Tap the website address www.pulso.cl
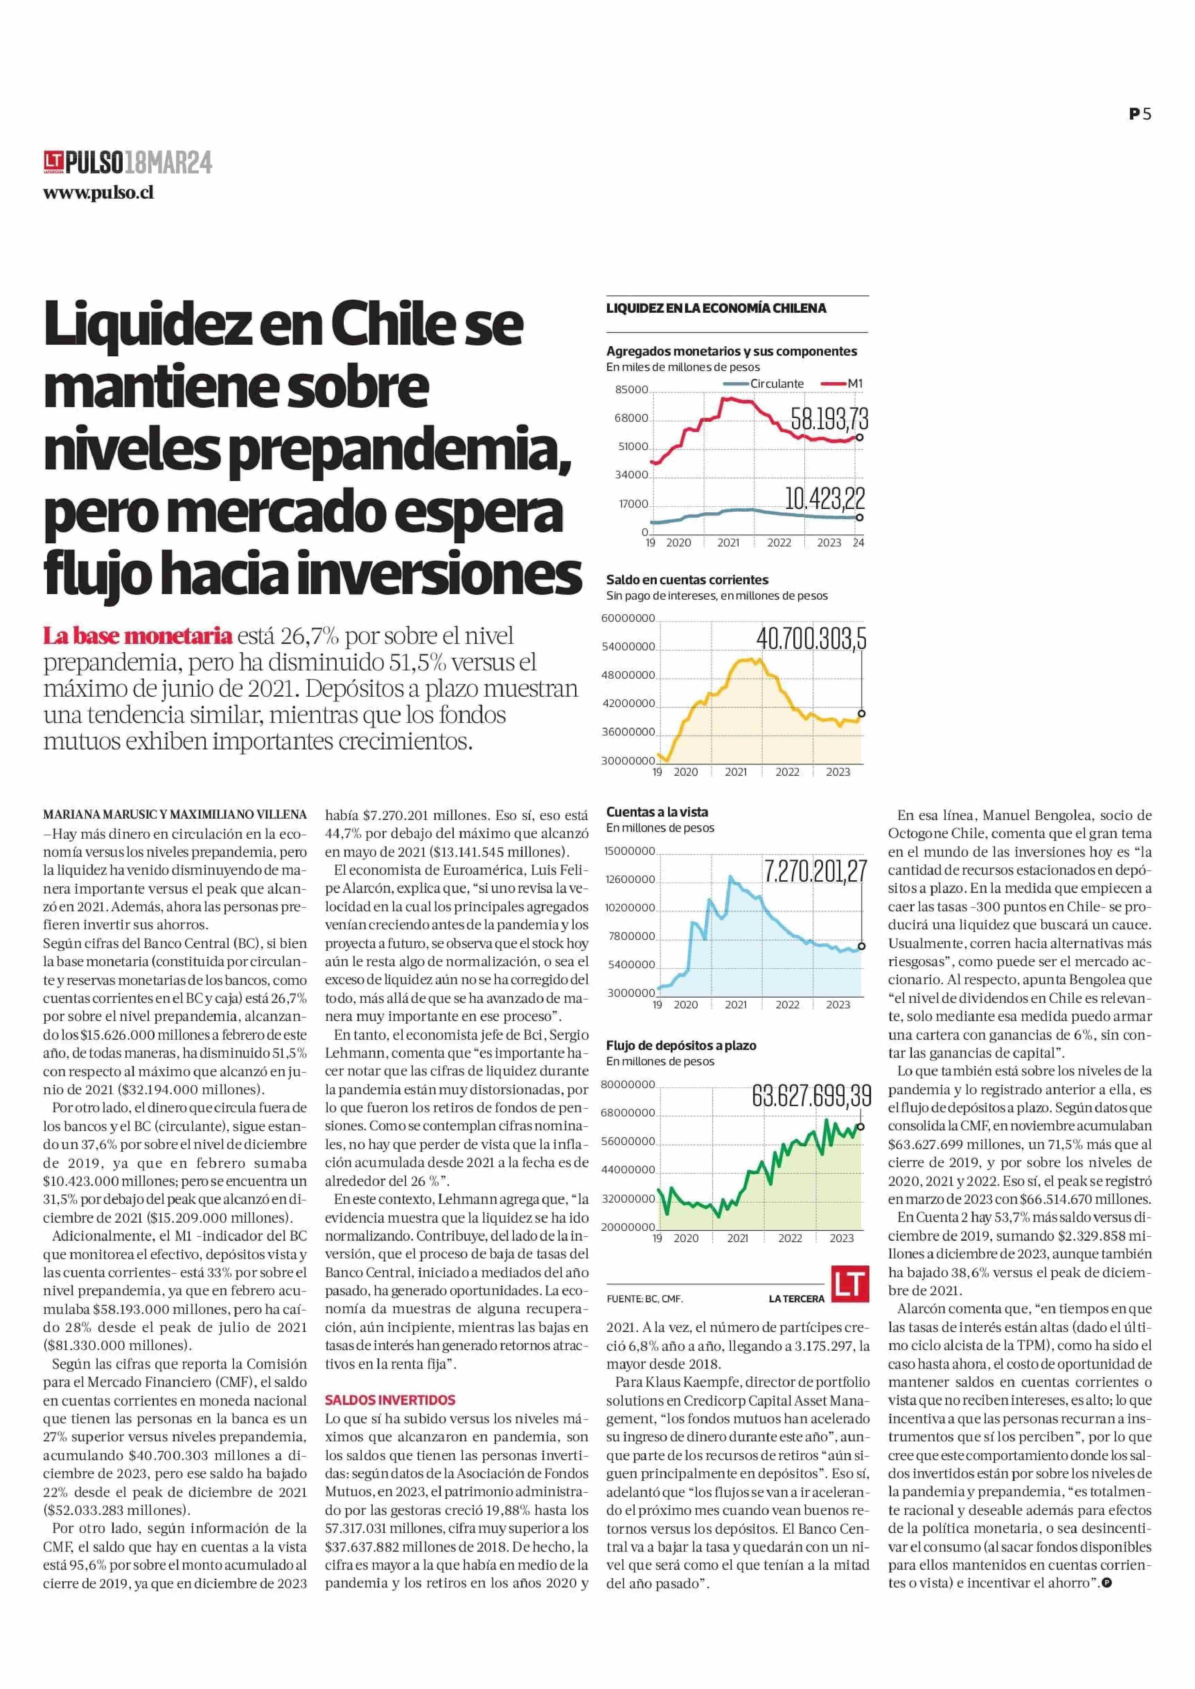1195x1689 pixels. click(98, 193)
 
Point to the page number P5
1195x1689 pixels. click(1140, 114)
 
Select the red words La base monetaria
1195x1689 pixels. click(138, 636)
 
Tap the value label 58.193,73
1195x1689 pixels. click(829, 419)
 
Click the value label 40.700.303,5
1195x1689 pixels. click(812, 639)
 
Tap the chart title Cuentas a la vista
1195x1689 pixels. click(657, 812)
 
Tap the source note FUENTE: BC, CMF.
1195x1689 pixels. click(645, 1299)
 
